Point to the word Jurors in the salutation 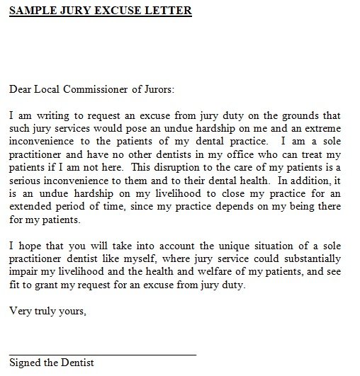(x=155, y=89)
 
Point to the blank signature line (x=102, y=351)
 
